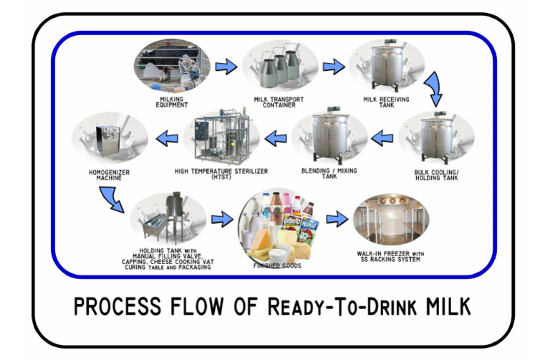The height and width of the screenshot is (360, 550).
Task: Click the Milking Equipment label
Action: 171,102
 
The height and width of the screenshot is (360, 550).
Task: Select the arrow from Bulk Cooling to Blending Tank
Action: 383,136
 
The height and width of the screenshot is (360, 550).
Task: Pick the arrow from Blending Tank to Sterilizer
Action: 275,136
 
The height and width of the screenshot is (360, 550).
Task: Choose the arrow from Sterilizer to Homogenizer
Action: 167,136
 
